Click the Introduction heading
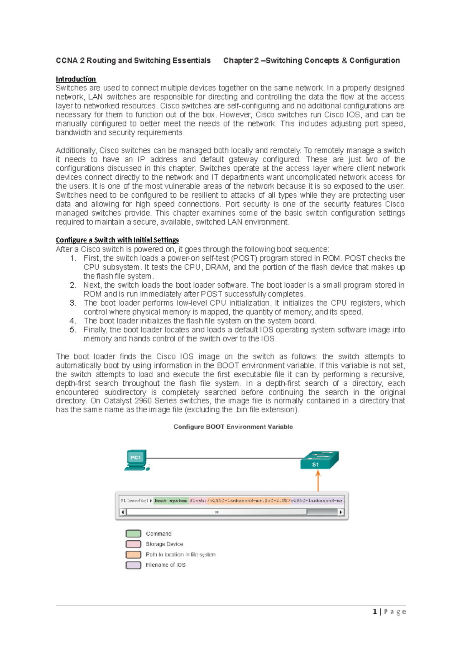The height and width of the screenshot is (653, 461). tap(76, 79)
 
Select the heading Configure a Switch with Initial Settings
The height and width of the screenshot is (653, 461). tap(117, 240)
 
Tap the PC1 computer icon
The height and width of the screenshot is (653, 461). tap(137, 460)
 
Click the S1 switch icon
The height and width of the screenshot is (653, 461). tap(319, 460)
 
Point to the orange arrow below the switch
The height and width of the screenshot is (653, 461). tap(318, 481)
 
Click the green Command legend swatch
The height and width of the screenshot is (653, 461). tap(133, 533)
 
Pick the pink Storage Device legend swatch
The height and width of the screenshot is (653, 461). tap(133, 544)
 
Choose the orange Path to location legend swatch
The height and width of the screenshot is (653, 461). tap(133, 555)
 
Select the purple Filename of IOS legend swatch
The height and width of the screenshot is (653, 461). tap(133, 565)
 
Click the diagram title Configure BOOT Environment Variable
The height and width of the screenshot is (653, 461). tap(233, 427)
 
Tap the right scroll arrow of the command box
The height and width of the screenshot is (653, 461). tap(341, 512)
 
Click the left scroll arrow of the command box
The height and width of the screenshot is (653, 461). tap(123, 512)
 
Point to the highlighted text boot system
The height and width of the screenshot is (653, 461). tap(171, 501)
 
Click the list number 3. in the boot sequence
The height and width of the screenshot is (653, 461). tap(73, 303)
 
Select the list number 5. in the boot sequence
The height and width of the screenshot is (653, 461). tap(73, 330)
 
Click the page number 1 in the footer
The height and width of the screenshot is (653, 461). tap(375, 611)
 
